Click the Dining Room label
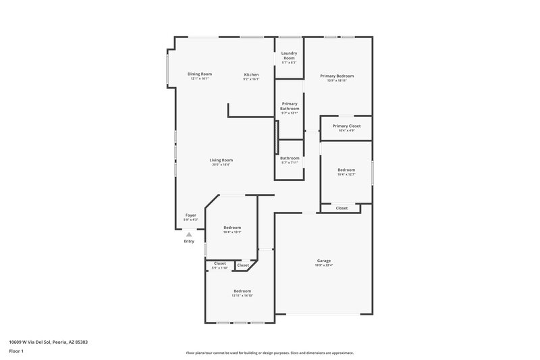click(x=199, y=74)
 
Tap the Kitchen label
click(x=251, y=74)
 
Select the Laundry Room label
click(x=289, y=55)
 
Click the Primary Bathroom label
click(x=290, y=106)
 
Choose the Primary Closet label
click(x=346, y=126)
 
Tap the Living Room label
click(x=221, y=160)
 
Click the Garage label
click(x=324, y=261)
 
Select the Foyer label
click(x=191, y=215)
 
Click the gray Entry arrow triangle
click(x=190, y=234)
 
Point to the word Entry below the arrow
click(x=189, y=242)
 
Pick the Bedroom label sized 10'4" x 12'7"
click(x=346, y=170)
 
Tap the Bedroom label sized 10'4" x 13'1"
click(x=232, y=228)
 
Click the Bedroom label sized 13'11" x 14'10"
click(x=242, y=291)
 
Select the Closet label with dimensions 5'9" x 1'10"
click(x=220, y=263)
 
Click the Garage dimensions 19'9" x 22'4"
click(x=324, y=265)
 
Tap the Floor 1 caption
click(x=16, y=352)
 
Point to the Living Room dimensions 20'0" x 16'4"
click(x=221, y=164)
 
